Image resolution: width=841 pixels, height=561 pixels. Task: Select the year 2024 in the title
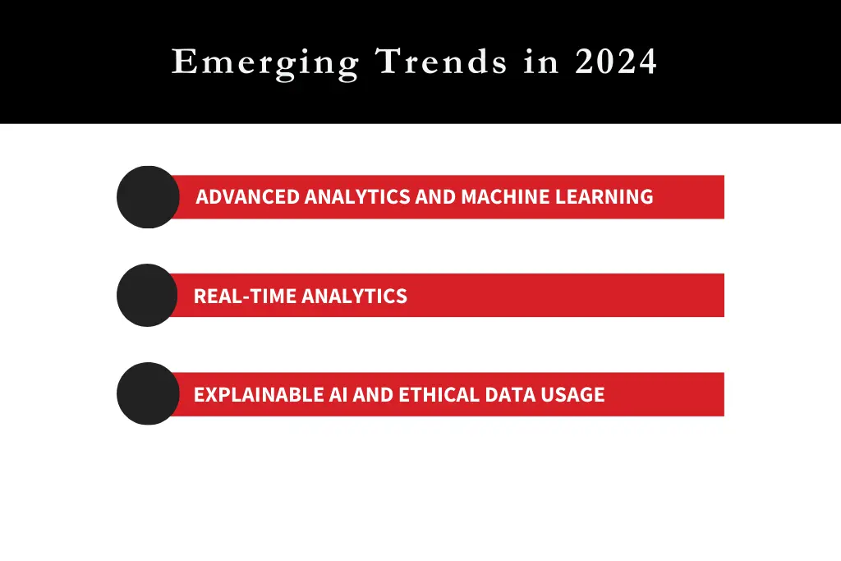[x=616, y=62]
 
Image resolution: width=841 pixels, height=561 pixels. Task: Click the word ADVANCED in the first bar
[x=247, y=197]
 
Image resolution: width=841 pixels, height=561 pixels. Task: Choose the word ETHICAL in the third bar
[x=438, y=394]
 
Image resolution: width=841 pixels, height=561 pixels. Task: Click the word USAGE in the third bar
[x=572, y=394]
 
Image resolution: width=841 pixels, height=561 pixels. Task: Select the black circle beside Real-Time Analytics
[x=148, y=295]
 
